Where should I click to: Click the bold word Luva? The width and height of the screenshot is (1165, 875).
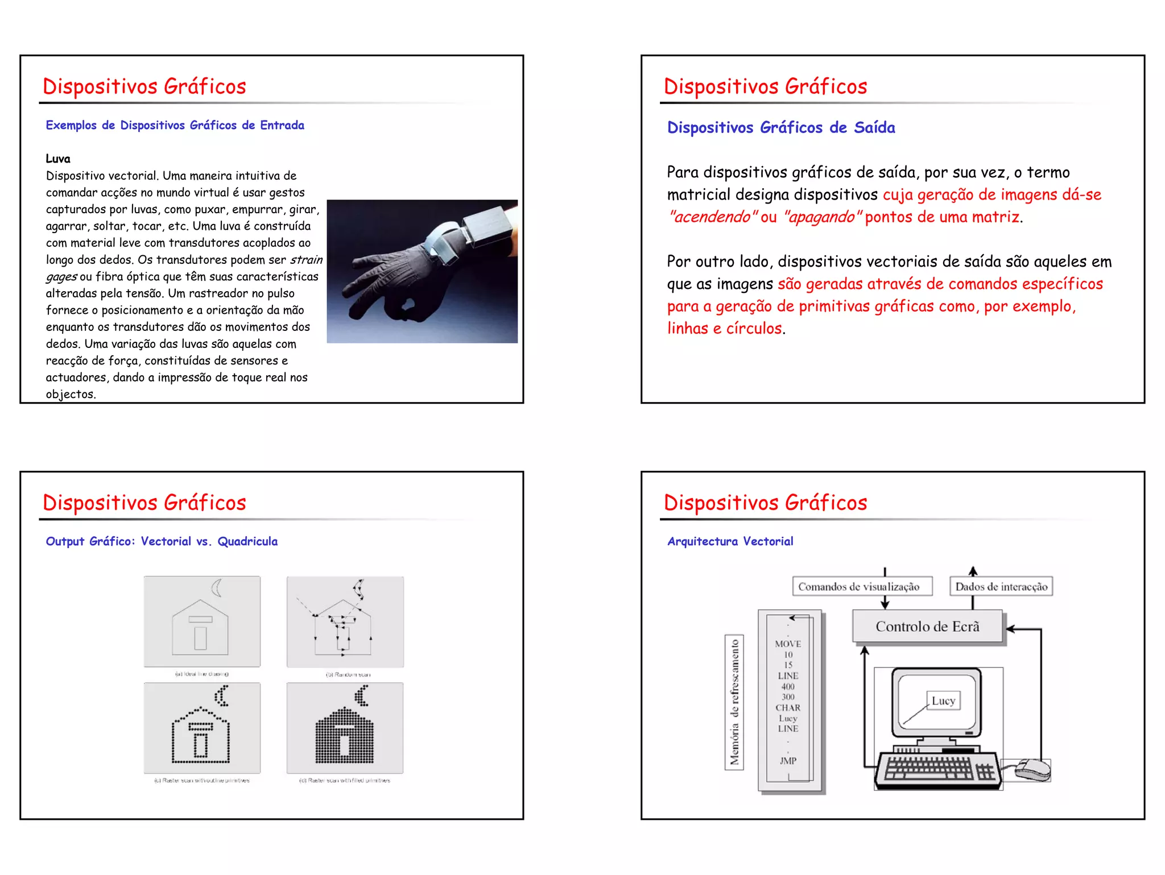tap(58, 159)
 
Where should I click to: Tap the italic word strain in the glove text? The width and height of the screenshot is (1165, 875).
tap(306, 260)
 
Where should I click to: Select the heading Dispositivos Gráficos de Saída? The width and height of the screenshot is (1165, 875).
tap(780, 127)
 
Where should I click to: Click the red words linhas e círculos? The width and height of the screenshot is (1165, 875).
tap(725, 329)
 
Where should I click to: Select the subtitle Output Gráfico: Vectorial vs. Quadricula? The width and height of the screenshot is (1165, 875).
tap(162, 541)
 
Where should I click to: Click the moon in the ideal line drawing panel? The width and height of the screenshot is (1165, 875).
tap(217, 588)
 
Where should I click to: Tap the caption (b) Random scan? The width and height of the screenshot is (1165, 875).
tap(348, 674)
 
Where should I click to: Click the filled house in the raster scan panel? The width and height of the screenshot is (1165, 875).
tap(345, 736)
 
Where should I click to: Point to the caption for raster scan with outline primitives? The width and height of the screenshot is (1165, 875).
tap(202, 780)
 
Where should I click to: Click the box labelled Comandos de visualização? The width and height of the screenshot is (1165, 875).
tap(859, 586)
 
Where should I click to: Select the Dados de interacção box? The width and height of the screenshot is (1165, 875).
tap(1001, 586)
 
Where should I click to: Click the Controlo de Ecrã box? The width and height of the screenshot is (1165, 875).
tap(927, 627)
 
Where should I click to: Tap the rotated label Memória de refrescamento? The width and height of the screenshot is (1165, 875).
tap(734, 702)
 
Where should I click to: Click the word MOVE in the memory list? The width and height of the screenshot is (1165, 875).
tap(788, 644)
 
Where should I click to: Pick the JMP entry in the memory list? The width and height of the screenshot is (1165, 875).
tap(788, 761)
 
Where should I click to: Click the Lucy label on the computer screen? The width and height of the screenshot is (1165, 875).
tap(943, 700)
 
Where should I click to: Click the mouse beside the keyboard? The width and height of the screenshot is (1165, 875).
tap(1032, 770)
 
